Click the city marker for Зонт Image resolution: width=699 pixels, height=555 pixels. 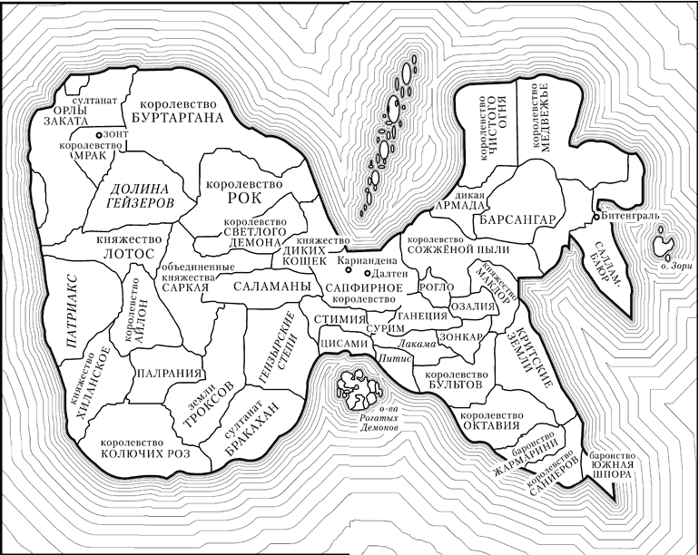(x=99, y=135)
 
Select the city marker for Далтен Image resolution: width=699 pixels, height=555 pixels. (x=367, y=272)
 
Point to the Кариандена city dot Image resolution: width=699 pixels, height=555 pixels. (x=331, y=260)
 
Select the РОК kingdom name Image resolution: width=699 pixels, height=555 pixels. (x=243, y=198)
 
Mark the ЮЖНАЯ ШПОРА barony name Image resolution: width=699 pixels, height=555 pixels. (x=616, y=468)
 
